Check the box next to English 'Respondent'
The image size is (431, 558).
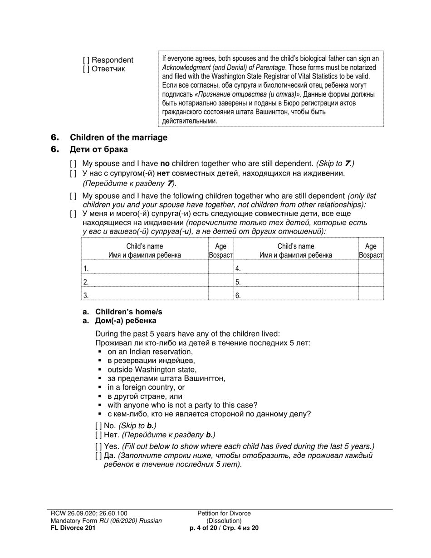pyautogui.click(x=86, y=60)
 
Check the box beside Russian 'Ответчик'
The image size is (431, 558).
pyautogui.click(x=86, y=69)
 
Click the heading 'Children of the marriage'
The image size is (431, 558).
pyautogui.click(x=118, y=137)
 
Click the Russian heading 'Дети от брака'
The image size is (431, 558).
pyautogui.click(x=98, y=149)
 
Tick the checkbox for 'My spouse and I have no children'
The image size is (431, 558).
pyautogui.click(x=73, y=163)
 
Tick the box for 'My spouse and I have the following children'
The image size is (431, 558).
pyautogui.click(x=73, y=196)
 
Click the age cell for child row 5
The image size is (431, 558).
pyautogui.click(x=371, y=281)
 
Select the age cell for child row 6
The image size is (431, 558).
pyautogui.click(x=371, y=295)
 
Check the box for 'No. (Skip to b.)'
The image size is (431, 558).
pyautogui.click(x=98, y=426)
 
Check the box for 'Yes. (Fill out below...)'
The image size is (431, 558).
pyautogui.click(x=98, y=446)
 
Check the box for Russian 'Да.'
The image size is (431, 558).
pyautogui.click(x=98, y=455)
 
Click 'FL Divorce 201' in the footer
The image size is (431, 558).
pyautogui.click(x=73, y=528)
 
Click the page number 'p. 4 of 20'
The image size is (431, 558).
pyautogui.click(x=206, y=528)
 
